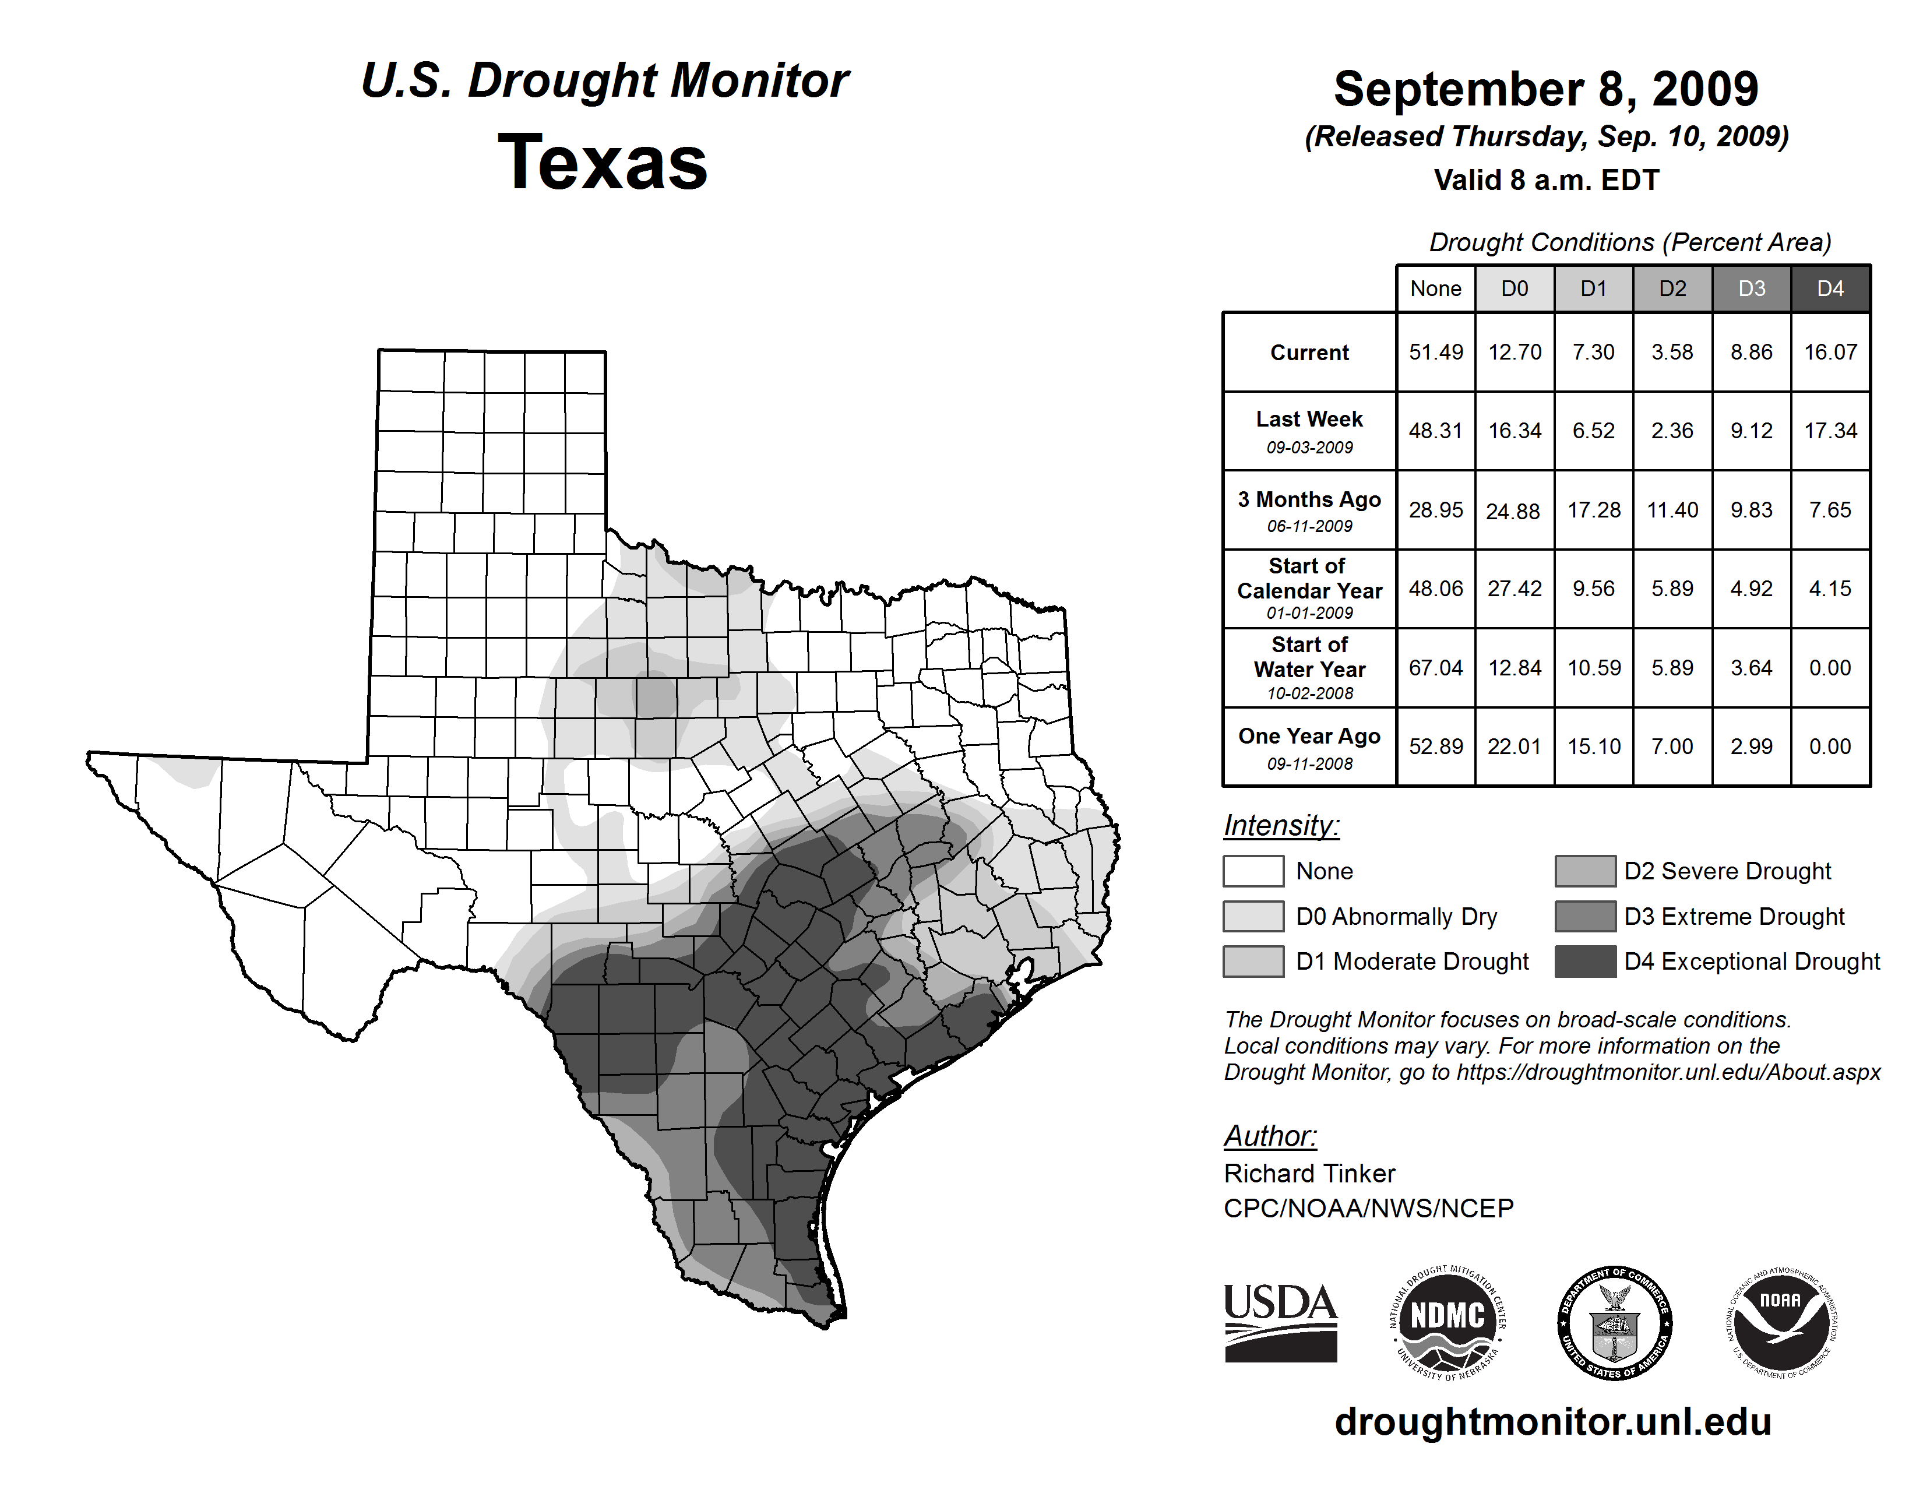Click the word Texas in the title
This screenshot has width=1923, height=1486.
(x=603, y=162)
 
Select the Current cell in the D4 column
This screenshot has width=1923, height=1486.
(x=1830, y=352)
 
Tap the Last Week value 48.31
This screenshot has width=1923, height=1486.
(x=1435, y=431)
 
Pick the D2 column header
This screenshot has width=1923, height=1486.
(x=1672, y=288)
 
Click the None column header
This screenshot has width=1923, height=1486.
(x=1435, y=288)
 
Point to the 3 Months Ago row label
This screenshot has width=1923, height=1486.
(x=1309, y=510)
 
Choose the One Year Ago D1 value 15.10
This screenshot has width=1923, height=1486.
(x=1594, y=746)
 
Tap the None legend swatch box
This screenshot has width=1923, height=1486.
(x=1253, y=871)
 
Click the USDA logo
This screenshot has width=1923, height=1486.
(x=1280, y=1322)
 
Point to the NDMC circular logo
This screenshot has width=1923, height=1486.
(x=1447, y=1322)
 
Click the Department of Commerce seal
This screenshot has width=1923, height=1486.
(x=1614, y=1322)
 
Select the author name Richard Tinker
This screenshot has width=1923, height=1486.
(x=1309, y=1174)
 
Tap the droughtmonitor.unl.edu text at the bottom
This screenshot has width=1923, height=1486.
(x=1552, y=1422)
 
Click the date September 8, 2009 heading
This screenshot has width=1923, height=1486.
(x=1545, y=89)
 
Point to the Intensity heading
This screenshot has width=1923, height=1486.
(x=1281, y=826)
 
